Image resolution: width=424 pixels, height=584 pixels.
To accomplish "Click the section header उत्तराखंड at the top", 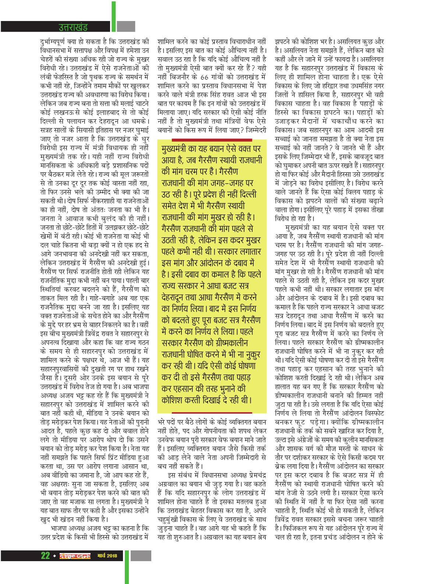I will (x=73, y=27).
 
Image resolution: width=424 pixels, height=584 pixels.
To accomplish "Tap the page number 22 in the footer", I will (x=45, y=555).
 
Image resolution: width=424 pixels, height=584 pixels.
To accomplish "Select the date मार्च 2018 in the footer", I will (x=107, y=556).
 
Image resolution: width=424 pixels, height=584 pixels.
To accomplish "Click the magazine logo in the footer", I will (x=75, y=556).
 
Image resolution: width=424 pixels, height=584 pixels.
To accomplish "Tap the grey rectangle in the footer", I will (x=141, y=556).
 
